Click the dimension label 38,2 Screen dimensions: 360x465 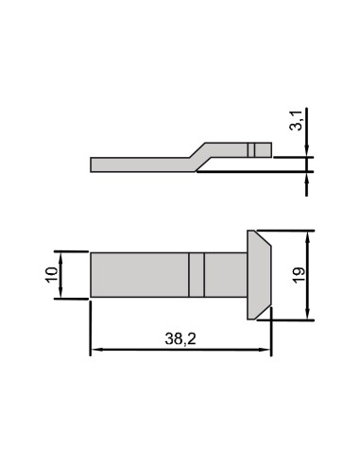pyautogui.click(x=180, y=339)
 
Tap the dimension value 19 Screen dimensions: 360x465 pyautogui.click(x=299, y=275)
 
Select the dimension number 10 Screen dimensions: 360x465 pyautogui.click(x=52, y=275)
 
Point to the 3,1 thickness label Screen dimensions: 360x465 pyautogui.click(x=296, y=120)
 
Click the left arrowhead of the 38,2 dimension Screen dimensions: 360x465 pyautogui.click(x=95, y=350)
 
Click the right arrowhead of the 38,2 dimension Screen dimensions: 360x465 pyautogui.click(x=266, y=350)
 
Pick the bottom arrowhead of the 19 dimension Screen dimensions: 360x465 pyautogui.click(x=308, y=314)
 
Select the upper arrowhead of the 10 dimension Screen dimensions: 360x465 pyautogui.click(x=60, y=258)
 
